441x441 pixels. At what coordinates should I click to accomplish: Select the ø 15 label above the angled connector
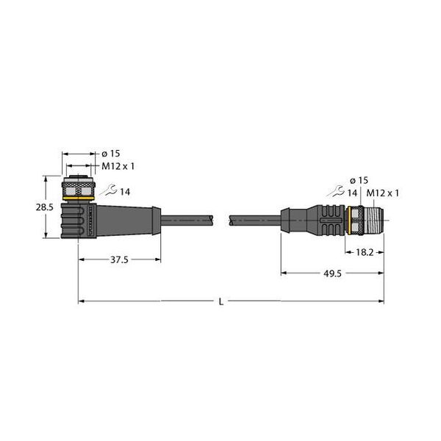[110, 153]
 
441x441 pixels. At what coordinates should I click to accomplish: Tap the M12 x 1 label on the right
[382, 193]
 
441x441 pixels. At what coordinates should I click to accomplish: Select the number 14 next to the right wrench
[354, 193]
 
